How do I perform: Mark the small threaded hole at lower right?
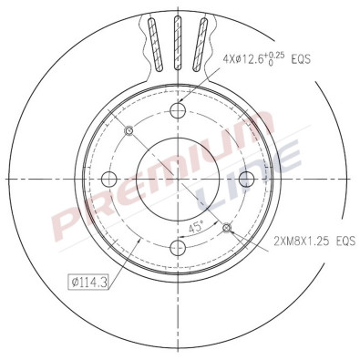[227, 227]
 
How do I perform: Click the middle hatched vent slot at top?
[179, 42]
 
